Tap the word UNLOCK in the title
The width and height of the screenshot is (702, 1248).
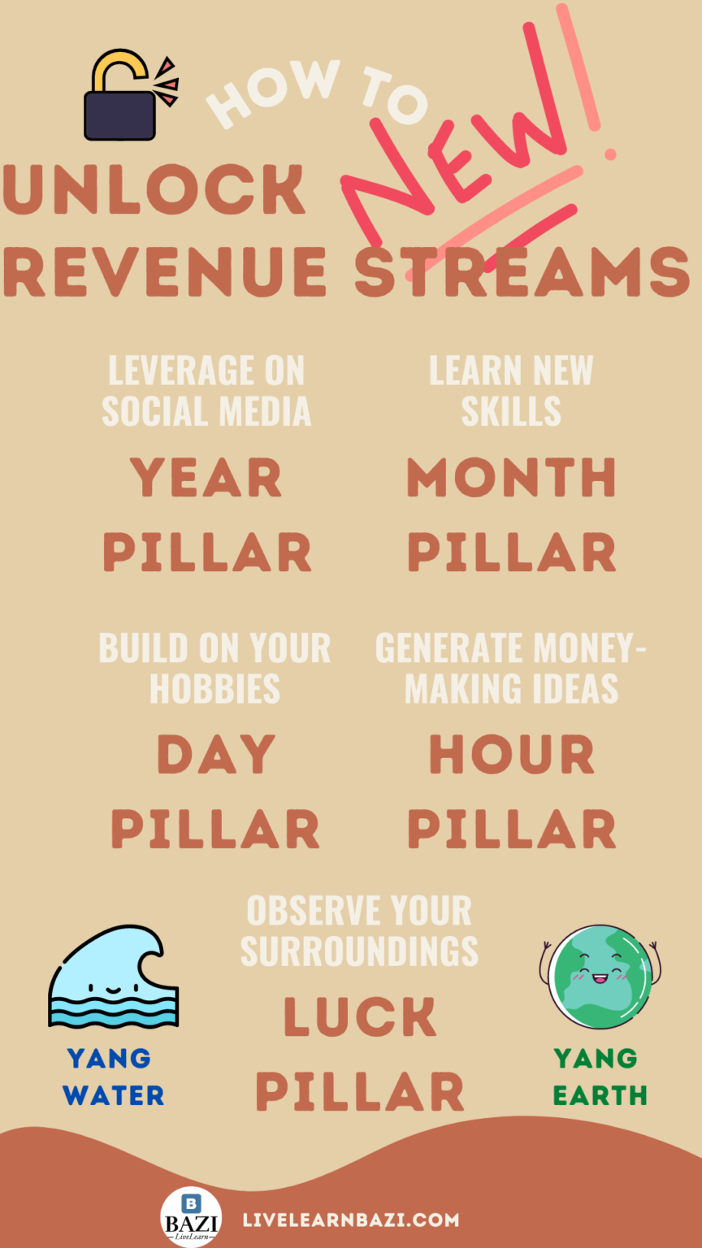click(x=154, y=189)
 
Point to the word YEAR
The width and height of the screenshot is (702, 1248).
click(x=206, y=477)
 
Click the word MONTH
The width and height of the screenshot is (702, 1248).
click(x=511, y=477)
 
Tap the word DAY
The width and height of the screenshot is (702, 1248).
click(x=216, y=754)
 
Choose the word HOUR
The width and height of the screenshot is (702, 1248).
click(x=511, y=754)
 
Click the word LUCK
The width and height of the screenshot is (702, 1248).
click(x=359, y=1016)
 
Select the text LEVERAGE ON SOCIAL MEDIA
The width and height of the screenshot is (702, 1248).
click(x=206, y=391)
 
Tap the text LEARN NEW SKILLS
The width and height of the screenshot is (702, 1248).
click(x=511, y=391)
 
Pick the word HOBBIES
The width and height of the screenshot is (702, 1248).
click(x=215, y=689)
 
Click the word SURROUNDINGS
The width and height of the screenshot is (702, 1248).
click(x=359, y=951)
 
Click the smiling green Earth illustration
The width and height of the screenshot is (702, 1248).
click(x=600, y=976)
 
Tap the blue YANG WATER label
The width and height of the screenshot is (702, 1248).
click(x=114, y=1077)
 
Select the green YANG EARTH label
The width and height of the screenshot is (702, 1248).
click(x=600, y=1077)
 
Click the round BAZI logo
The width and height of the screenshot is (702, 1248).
click(x=191, y=1217)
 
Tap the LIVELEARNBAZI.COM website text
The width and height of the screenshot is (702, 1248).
click(x=351, y=1220)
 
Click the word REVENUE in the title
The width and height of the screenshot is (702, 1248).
click(x=166, y=272)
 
